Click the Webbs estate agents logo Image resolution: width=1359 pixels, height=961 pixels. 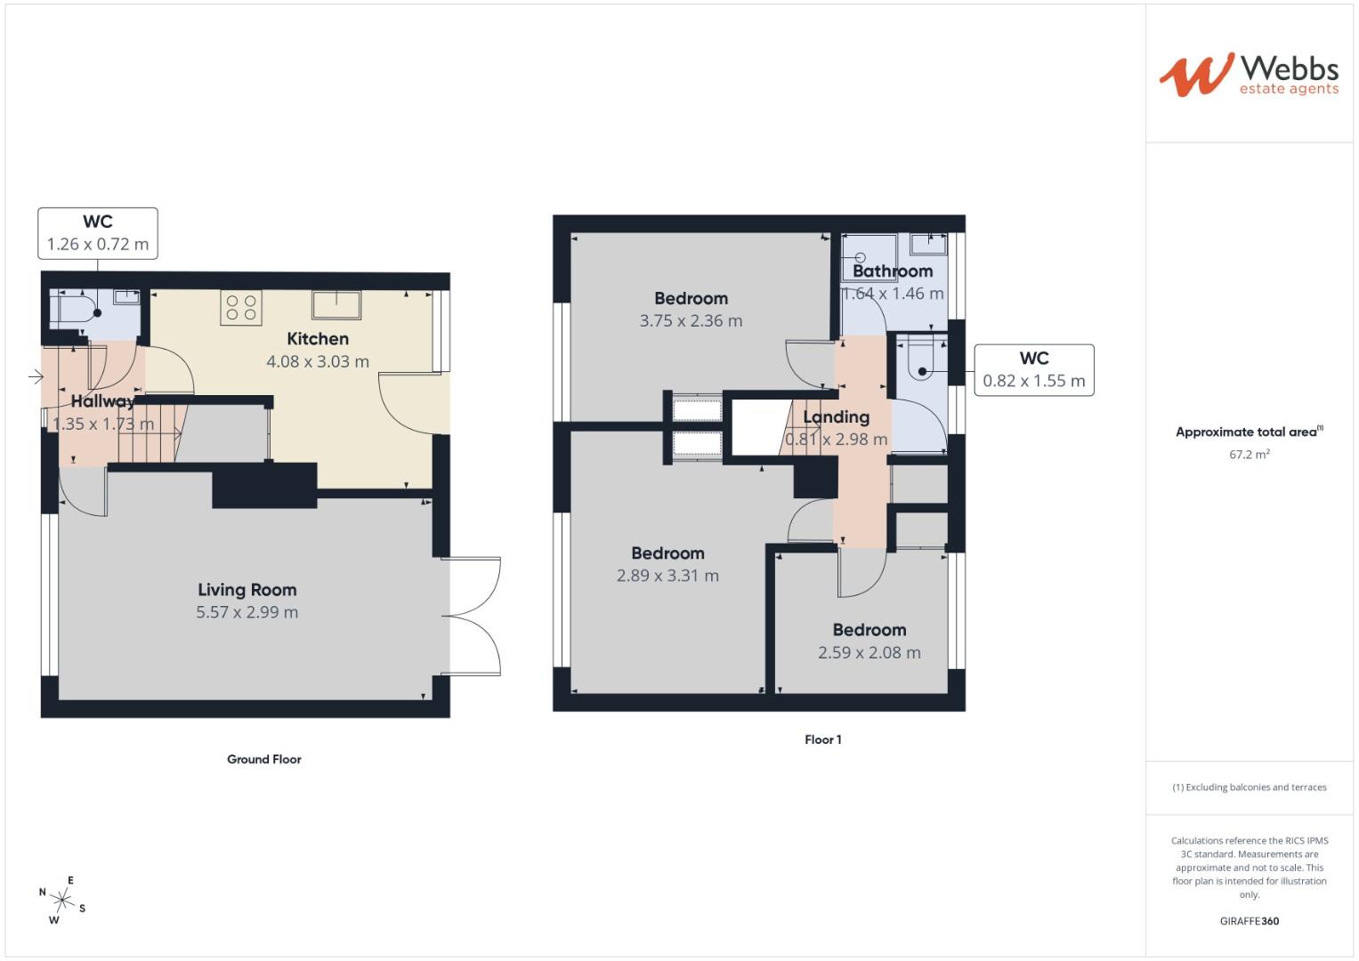1249,75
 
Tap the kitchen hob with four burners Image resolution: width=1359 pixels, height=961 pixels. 240,308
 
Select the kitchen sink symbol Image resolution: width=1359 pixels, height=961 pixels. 336,304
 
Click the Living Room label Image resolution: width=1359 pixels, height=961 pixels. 247,590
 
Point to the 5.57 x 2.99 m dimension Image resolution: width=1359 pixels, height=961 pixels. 247,612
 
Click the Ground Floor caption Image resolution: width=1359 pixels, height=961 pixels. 263,759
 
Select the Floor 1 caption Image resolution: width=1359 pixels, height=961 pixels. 822,739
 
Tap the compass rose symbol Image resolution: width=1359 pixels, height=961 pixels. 62,900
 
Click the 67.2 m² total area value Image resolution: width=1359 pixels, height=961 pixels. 1249,454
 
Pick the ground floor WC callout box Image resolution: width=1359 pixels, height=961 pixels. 98,233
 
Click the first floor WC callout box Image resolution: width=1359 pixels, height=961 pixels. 1033,369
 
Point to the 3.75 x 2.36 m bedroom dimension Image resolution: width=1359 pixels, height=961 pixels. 691,320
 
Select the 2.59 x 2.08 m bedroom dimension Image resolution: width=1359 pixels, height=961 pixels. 869,652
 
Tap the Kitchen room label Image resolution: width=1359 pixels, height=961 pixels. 318,339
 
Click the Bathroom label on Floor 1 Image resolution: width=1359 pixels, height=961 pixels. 893,271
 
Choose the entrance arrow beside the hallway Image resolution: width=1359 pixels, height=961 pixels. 36,377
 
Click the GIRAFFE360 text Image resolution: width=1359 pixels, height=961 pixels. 1249,921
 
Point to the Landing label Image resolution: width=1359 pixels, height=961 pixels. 836,416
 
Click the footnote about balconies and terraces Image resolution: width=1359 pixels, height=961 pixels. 1249,787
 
